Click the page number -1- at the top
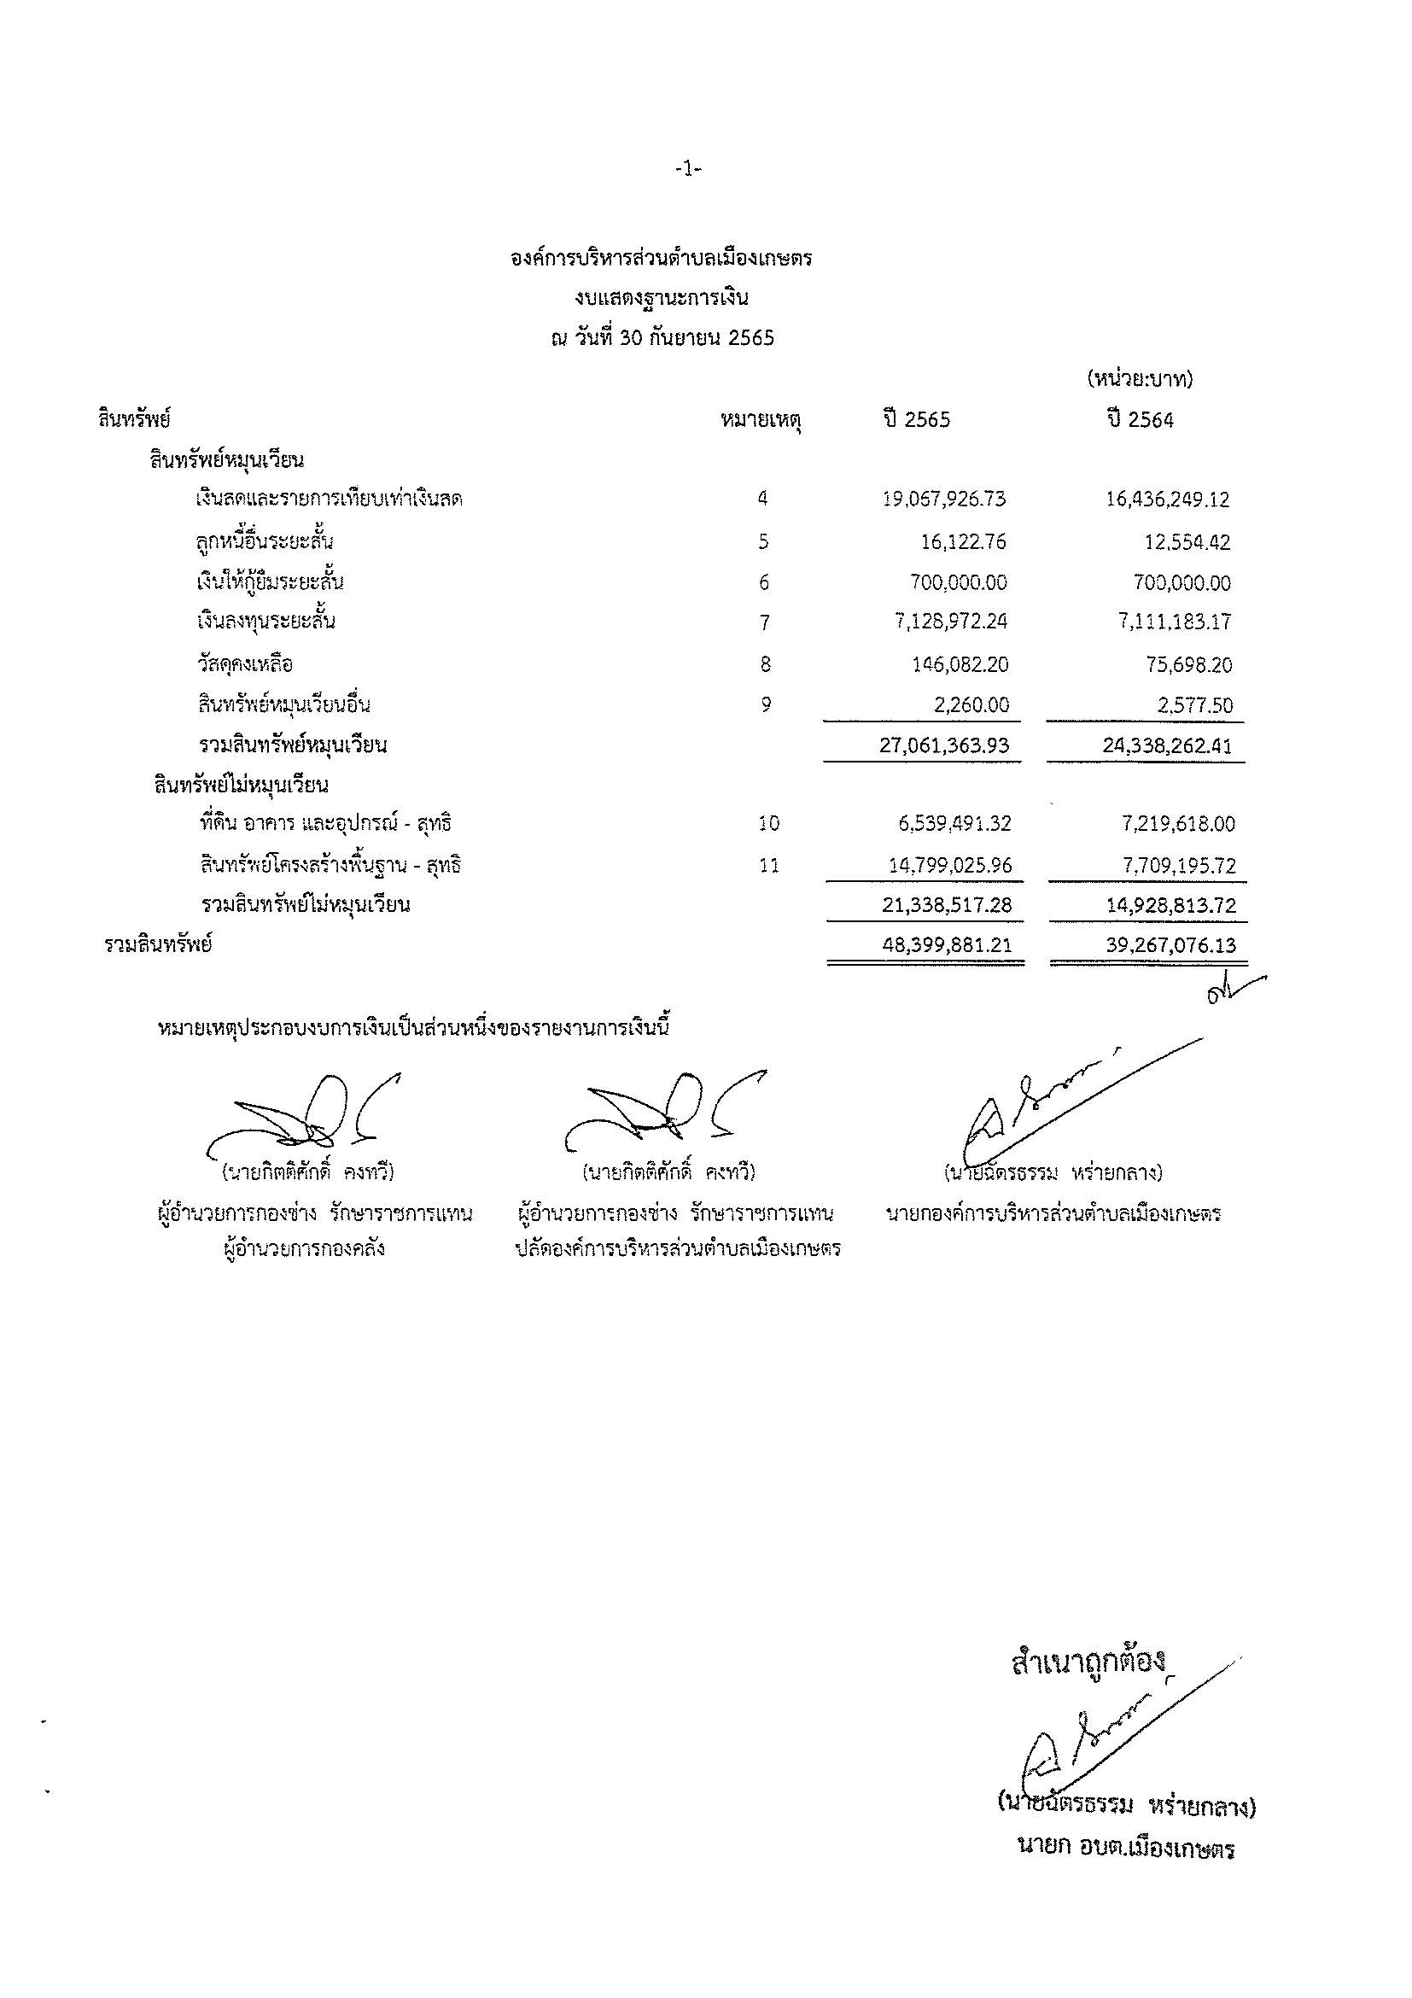coord(688,171)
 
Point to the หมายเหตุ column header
coord(761,421)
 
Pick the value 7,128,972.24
coord(951,622)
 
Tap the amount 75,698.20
coord(1187,665)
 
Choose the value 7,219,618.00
coord(1179,823)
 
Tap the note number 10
coord(768,823)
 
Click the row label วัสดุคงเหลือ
coord(244,665)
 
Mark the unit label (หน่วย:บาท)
coord(1140,379)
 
